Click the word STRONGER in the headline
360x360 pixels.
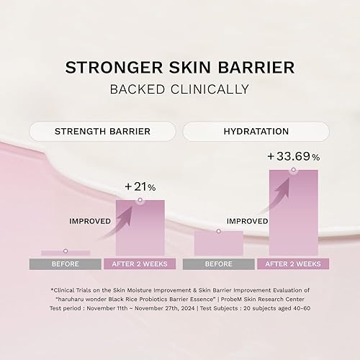coord(106,67)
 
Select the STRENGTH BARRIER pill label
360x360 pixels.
coord(103,132)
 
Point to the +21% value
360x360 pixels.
coord(140,186)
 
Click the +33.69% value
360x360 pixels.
coord(293,156)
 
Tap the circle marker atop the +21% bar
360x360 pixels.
coord(140,200)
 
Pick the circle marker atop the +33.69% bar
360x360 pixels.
coord(293,170)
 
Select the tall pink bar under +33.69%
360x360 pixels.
coord(293,216)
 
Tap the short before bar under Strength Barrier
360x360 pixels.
coord(66,253)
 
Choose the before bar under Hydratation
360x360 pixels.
coord(218,243)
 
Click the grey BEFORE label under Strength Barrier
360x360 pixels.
coord(66,264)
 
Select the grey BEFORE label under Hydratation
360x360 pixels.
coord(218,264)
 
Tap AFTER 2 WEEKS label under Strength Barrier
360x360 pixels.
coord(140,264)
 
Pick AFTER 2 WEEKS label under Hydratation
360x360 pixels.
coord(293,264)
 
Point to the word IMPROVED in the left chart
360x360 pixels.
coord(90,221)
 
